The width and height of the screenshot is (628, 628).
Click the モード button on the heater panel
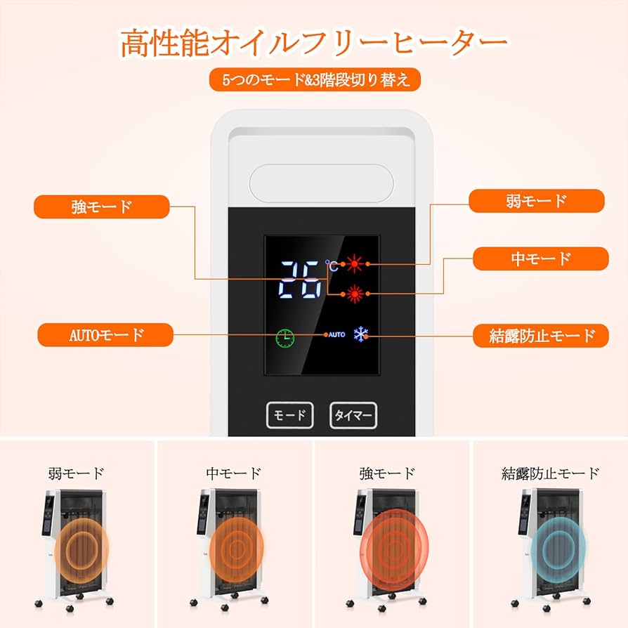[289, 415]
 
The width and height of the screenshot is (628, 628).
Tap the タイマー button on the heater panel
[353, 415]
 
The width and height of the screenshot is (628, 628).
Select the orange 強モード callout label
[102, 207]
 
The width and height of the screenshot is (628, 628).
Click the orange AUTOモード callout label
[105, 335]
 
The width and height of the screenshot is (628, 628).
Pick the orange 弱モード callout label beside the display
[536, 201]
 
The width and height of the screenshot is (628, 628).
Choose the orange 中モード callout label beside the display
[541, 259]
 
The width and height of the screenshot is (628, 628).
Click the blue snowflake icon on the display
[361, 334]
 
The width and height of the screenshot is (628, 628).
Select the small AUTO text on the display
[336, 335]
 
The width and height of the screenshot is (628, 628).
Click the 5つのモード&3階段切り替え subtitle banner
[315, 79]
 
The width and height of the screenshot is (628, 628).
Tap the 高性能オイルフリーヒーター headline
[314, 43]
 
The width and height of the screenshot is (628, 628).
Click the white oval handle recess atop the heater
[321, 181]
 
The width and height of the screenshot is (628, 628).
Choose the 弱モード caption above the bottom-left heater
[76, 473]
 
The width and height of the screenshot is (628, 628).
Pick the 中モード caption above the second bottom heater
[233, 473]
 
